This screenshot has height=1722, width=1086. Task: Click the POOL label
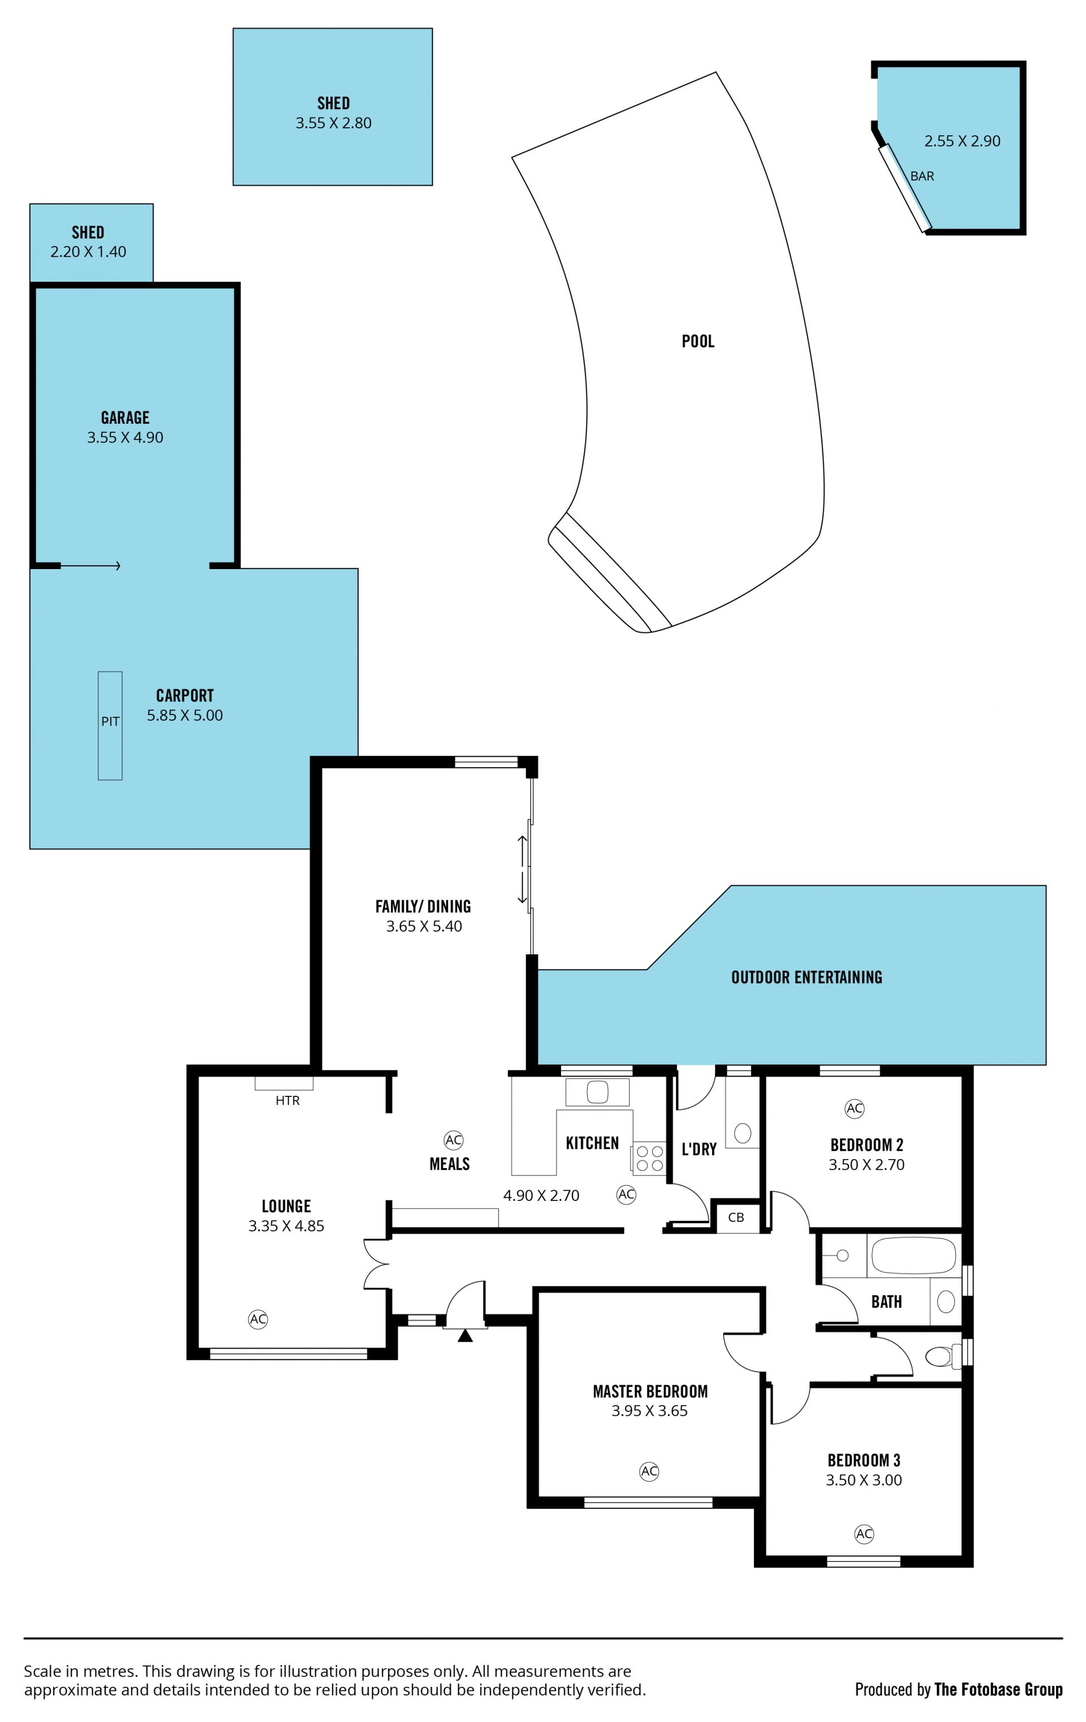pyautogui.click(x=698, y=341)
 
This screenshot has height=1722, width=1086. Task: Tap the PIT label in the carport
pyautogui.click(x=110, y=721)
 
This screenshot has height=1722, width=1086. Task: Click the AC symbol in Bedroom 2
pyautogui.click(x=854, y=1108)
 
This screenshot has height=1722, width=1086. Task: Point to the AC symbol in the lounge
pyautogui.click(x=258, y=1319)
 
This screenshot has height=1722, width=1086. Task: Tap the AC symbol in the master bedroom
pyautogui.click(x=649, y=1471)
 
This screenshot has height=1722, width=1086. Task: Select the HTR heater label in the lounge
pyautogui.click(x=287, y=1100)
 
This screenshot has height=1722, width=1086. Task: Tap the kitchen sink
pyautogui.click(x=597, y=1092)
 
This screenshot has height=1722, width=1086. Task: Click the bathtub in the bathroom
pyautogui.click(x=913, y=1255)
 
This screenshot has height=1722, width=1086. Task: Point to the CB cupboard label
pyautogui.click(x=736, y=1217)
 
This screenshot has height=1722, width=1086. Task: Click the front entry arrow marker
pyautogui.click(x=465, y=1334)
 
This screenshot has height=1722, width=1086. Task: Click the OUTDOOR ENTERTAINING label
pyautogui.click(x=807, y=977)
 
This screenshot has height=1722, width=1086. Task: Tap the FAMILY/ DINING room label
pyautogui.click(x=423, y=906)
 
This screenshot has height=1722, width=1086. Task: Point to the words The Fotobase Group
pyautogui.click(x=998, y=1690)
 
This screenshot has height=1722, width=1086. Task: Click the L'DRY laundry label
pyautogui.click(x=699, y=1149)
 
